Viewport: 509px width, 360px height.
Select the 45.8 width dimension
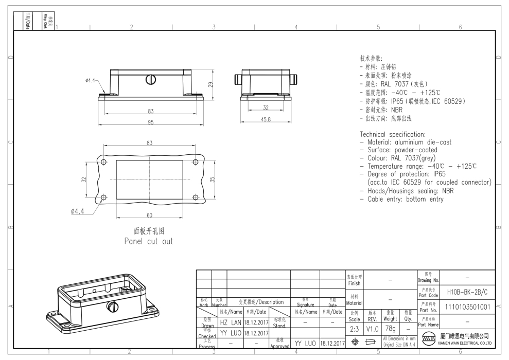266,120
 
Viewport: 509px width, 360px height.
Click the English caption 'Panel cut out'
149,241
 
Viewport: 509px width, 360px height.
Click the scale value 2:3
354,328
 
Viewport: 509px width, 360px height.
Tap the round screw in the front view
151,80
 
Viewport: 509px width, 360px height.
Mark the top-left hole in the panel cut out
103,162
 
